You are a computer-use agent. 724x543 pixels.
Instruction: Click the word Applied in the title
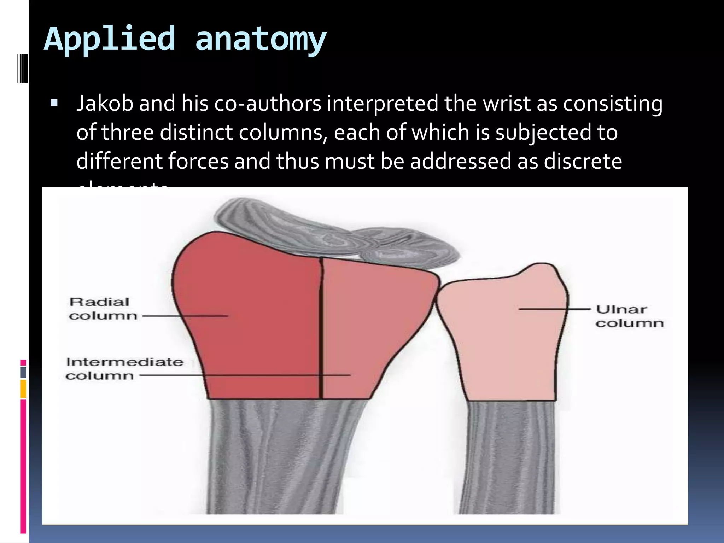[x=110, y=39]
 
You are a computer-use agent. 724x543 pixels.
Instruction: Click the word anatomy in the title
[x=261, y=39]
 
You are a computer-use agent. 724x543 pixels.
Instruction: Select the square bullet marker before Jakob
[x=54, y=103]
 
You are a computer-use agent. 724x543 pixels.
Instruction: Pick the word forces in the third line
[x=198, y=161]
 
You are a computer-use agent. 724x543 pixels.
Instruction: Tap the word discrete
[x=583, y=161]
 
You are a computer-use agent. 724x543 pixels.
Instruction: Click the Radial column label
[x=102, y=309]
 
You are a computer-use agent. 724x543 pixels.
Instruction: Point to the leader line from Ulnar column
[x=555, y=309]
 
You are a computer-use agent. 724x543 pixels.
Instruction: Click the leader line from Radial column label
[x=184, y=316]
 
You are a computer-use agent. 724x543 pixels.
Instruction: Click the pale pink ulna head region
[x=502, y=339]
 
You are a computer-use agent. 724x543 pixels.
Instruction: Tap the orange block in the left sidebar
[x=23, y=389]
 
